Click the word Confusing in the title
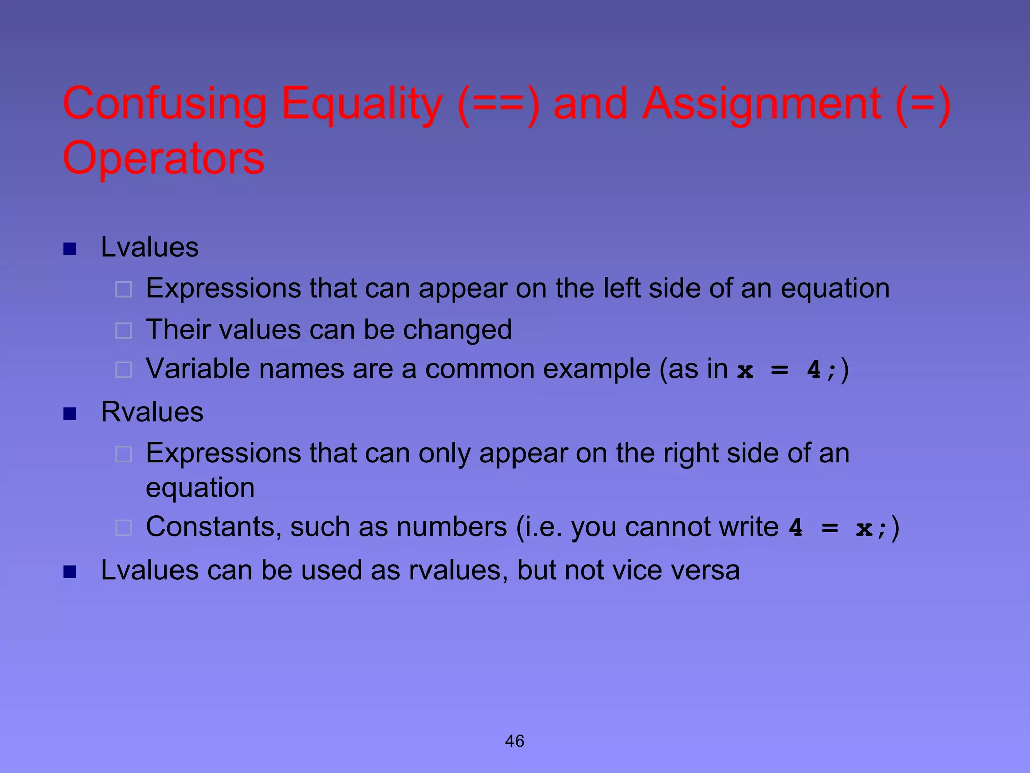(x=164, y=104)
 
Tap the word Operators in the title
(x=163, y=158)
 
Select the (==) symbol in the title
(x=498, y=104)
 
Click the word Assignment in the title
(x=761, y=104)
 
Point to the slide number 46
(x=514, y=741)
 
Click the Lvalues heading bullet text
(x=149, y=247)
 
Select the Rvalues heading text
(x=152, y=412)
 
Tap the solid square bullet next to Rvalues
(x=70, y=414)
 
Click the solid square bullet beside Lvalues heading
(x=70, y=249)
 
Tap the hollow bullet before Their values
(x=123, y=331)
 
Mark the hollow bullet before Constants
(x=123, y=528)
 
